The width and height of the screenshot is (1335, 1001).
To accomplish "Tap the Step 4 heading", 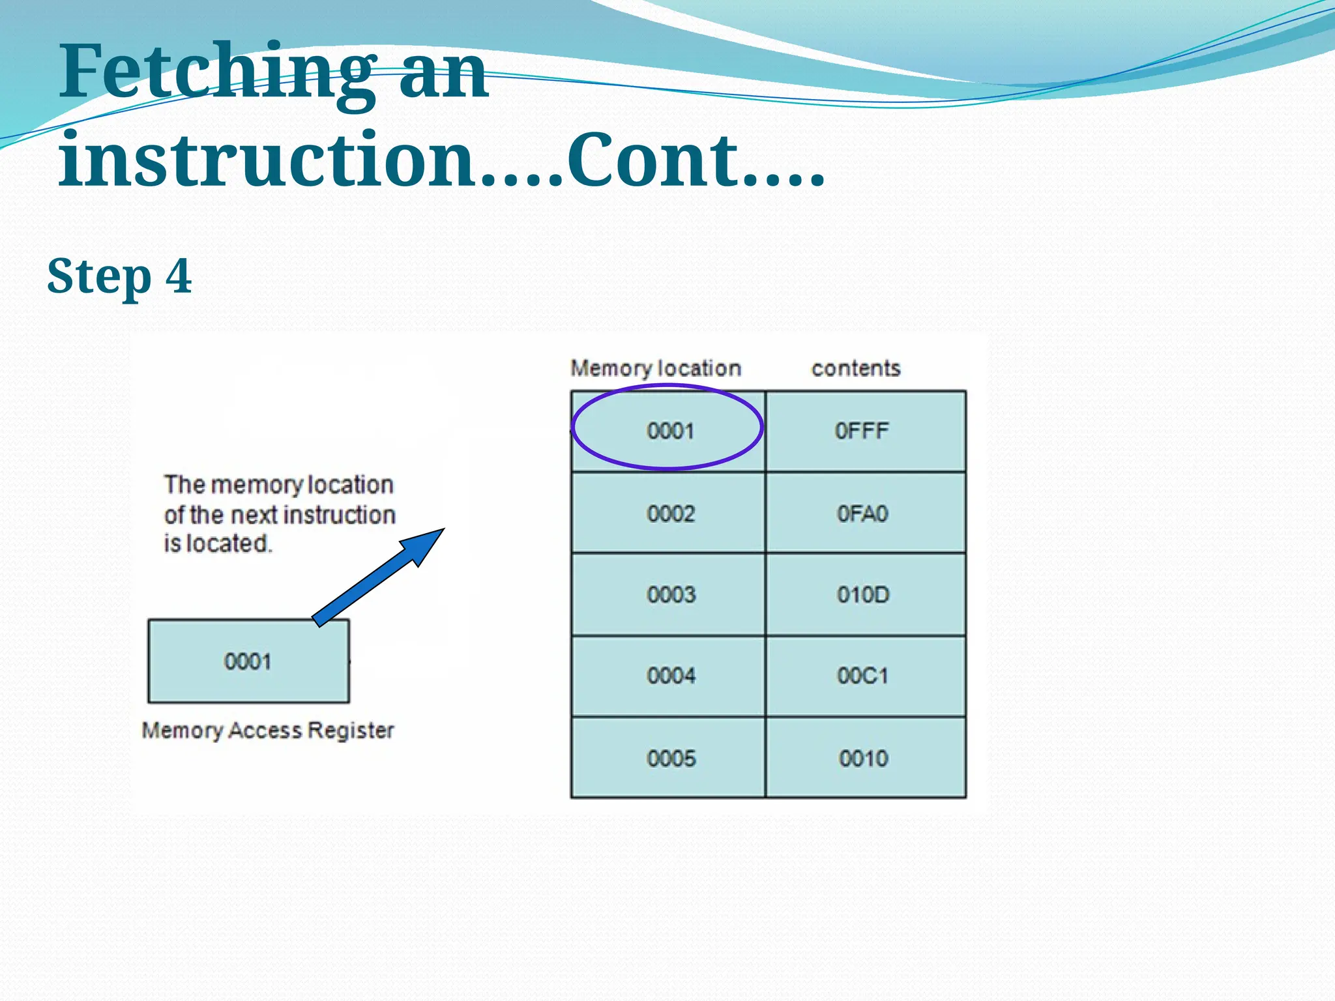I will coord(119,276).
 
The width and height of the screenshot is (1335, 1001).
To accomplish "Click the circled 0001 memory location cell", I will coord(669,431).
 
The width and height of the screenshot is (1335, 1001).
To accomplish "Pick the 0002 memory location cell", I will coord(670,514).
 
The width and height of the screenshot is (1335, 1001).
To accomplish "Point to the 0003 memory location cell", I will coord(670,594).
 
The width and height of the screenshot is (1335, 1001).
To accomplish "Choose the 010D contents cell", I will coord(862,594).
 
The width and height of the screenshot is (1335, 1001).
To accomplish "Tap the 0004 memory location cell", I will coord(670,675).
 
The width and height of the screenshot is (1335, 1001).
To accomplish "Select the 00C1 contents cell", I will coord(862,675).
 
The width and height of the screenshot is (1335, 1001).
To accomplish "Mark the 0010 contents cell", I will coord(863,758).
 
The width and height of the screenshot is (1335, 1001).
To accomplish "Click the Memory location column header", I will coord(655,369).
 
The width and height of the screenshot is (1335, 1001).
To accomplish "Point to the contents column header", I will coord(855,369).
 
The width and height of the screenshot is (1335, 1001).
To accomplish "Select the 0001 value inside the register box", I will coord(248,661).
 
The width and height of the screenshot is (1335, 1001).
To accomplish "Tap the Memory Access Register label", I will coord(267,731).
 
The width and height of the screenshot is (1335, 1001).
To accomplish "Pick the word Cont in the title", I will coord(652,160).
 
